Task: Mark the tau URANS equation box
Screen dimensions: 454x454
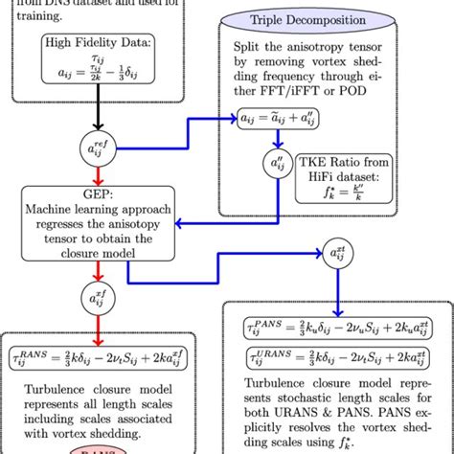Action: pos(337,358)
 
